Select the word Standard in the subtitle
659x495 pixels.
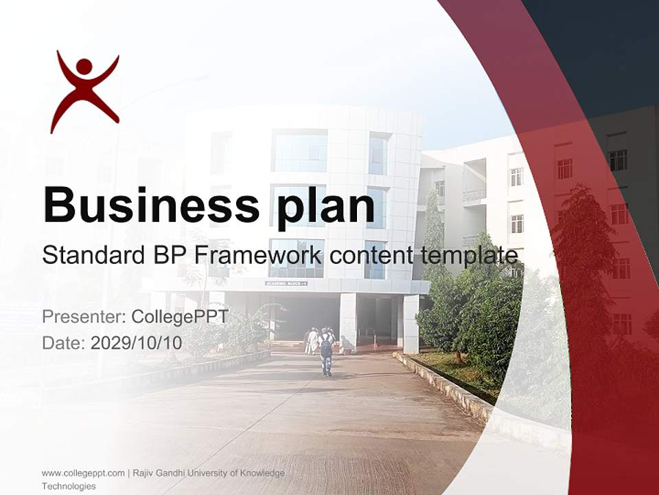coord(86,256)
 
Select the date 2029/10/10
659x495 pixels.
coord(137,342)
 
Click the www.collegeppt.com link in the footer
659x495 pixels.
coord(83,473)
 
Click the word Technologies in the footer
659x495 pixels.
coord(69,486)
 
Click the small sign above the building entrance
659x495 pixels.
coord(286,283)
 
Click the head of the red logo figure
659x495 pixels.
coord(84,67)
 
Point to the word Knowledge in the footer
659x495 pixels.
coord(263,473)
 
